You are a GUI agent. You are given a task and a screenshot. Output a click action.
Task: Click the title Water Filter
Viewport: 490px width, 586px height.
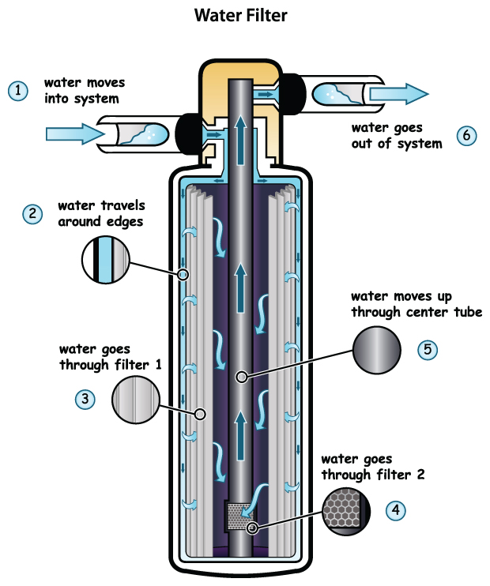click(x=244, y=15)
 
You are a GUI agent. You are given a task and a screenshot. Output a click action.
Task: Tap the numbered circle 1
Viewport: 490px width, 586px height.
click(x=18, y=91)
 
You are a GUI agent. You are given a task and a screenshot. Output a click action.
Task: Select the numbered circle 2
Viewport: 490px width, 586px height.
click(x=32, y=213)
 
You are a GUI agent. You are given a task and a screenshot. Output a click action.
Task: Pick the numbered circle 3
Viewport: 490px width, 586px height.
click(x=85, y=399)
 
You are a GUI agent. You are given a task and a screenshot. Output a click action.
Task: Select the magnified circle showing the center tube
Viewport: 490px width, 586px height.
click(x=375, y=348)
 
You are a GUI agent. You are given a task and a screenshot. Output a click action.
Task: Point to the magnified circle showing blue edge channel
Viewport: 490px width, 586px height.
click(x=105, y=260)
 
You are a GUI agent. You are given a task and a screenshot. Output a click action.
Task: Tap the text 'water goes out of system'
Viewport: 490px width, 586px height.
click(x=396, y=135)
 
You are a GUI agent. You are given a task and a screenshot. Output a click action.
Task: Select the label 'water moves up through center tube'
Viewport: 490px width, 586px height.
click(x=416, y=304)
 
